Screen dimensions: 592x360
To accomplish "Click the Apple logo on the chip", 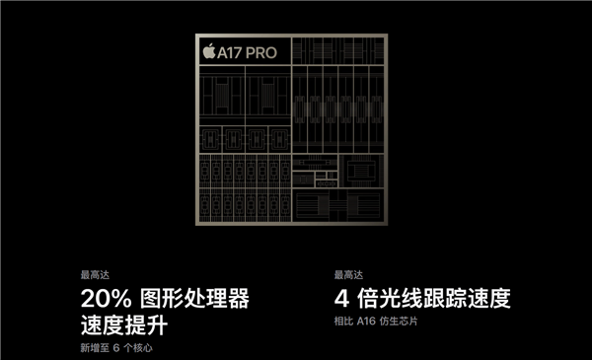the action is click(208, 51).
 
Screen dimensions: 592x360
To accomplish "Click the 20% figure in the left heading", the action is click(105, 299).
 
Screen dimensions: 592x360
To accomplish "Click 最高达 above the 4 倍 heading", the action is click(347, 275).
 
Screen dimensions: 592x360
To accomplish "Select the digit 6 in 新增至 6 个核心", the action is click(115, 348).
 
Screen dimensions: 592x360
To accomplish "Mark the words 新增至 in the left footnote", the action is click(95, 348).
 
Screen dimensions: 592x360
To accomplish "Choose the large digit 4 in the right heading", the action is click(341, 299).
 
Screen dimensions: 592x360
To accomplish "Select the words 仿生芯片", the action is click(401, 323).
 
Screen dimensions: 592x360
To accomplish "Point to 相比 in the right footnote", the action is click(344, 323).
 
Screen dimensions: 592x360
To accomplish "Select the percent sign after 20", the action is click(123, 299).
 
